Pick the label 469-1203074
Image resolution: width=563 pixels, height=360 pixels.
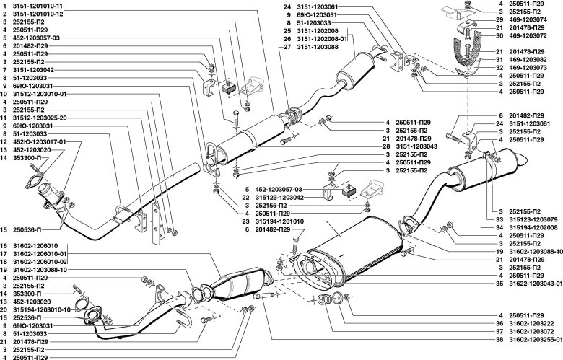[529, 20]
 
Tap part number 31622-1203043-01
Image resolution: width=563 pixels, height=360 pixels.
[531, 284]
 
